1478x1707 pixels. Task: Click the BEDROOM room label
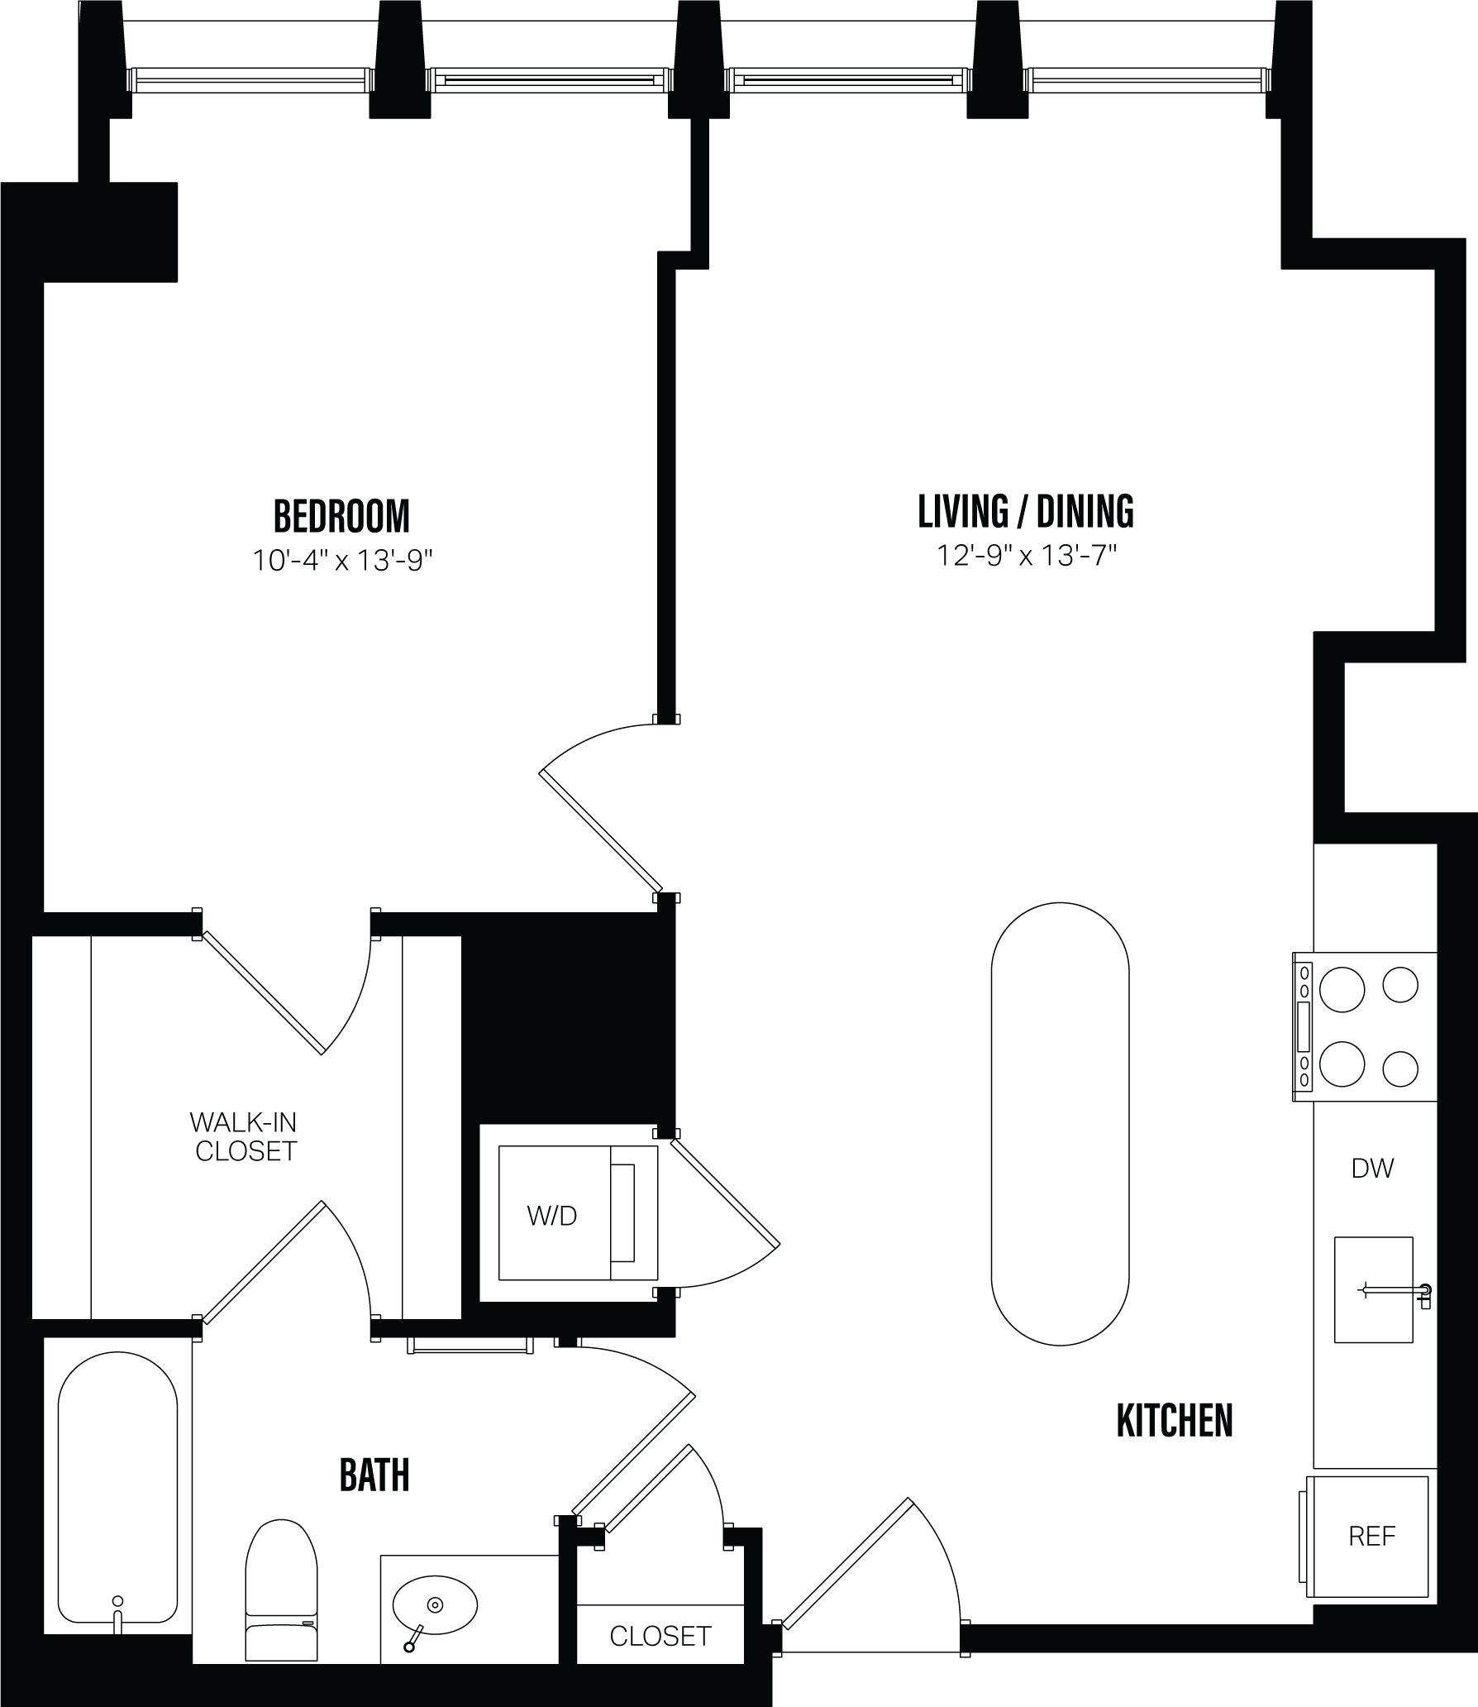click(x=341, y=516)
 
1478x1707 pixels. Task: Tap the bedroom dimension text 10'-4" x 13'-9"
click(x=342, y=562)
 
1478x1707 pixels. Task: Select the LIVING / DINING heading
click(x=1025, y=511)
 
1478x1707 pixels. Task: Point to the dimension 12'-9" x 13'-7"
click(x=1026, y=556)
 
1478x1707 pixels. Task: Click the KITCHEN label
click(x=1174, y=1421)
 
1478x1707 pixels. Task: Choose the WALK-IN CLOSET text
click(x=245, y=1136)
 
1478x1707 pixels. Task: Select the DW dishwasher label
click(x=1372, y=1168)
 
